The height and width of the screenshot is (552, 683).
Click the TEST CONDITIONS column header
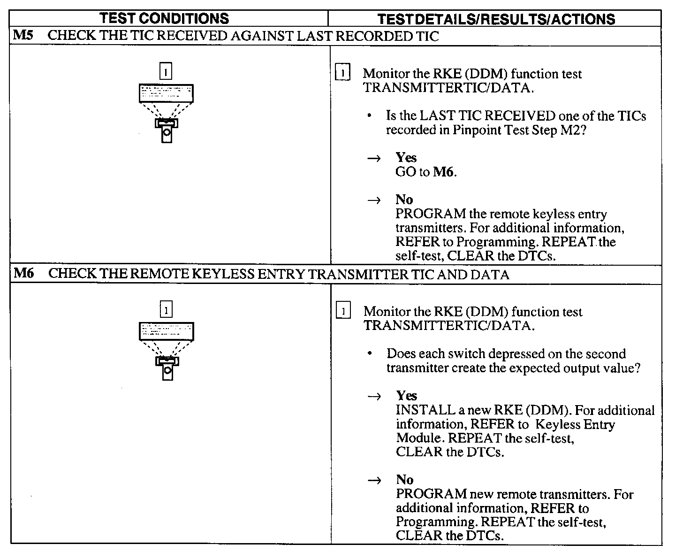tap(165, 18)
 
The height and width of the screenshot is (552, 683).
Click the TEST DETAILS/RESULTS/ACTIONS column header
tap(496, 19)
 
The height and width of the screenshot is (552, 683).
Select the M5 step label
tap(23, 36)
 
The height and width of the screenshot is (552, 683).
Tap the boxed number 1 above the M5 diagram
tap(166, 71)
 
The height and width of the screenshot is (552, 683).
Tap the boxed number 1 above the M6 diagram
tap(167, 310)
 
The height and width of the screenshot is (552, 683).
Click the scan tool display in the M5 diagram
tap(166, 93)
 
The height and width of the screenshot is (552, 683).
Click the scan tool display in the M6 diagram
tap(167, 331)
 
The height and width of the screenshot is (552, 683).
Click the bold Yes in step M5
tap(406, 157)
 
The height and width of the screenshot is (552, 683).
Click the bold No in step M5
tap(404, 199)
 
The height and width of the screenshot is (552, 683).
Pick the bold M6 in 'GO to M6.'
tap(443, 172)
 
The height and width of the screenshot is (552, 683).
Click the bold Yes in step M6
tap(406, 395)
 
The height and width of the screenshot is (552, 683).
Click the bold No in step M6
tap(404, 480)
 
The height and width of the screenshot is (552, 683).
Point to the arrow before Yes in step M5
tap(373, 159)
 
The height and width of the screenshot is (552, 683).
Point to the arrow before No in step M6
tap(374, 481)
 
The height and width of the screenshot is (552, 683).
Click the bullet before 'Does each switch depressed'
tap(371, 354)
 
